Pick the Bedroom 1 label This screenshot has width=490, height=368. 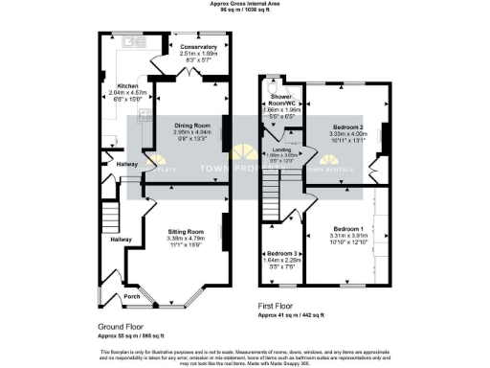point(346,229)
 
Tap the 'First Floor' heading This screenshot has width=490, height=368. point(279,304)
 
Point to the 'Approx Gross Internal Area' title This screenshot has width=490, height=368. point(244,4)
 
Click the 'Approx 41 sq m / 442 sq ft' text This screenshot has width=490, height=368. point(297,313)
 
